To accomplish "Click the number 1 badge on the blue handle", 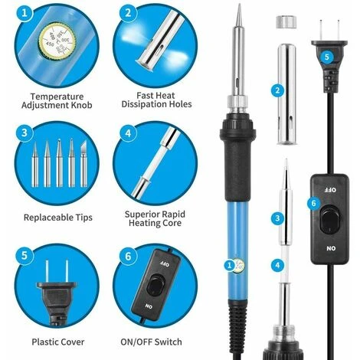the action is (229, 265).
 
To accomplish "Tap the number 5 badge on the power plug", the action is (327, 57).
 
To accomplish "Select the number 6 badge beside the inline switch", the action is (314, 203).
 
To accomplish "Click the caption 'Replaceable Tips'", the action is (58, 218).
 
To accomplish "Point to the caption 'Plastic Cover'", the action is (58, 342).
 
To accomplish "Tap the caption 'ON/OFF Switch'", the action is (151, 342).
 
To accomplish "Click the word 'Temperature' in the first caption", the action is (57, 97).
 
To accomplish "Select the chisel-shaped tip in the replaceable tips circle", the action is (83, 164).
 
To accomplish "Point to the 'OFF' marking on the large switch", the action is (330, 190).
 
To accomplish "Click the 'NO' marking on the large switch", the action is (331, 248).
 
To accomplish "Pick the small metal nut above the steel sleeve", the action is (286, 21).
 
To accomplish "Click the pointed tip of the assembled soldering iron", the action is (240, 4).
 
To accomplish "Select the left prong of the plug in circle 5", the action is (47, 271).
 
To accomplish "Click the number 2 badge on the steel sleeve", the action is (277, 90).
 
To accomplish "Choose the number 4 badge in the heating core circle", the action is (129, 133).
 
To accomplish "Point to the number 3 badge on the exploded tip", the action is (277, 218).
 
